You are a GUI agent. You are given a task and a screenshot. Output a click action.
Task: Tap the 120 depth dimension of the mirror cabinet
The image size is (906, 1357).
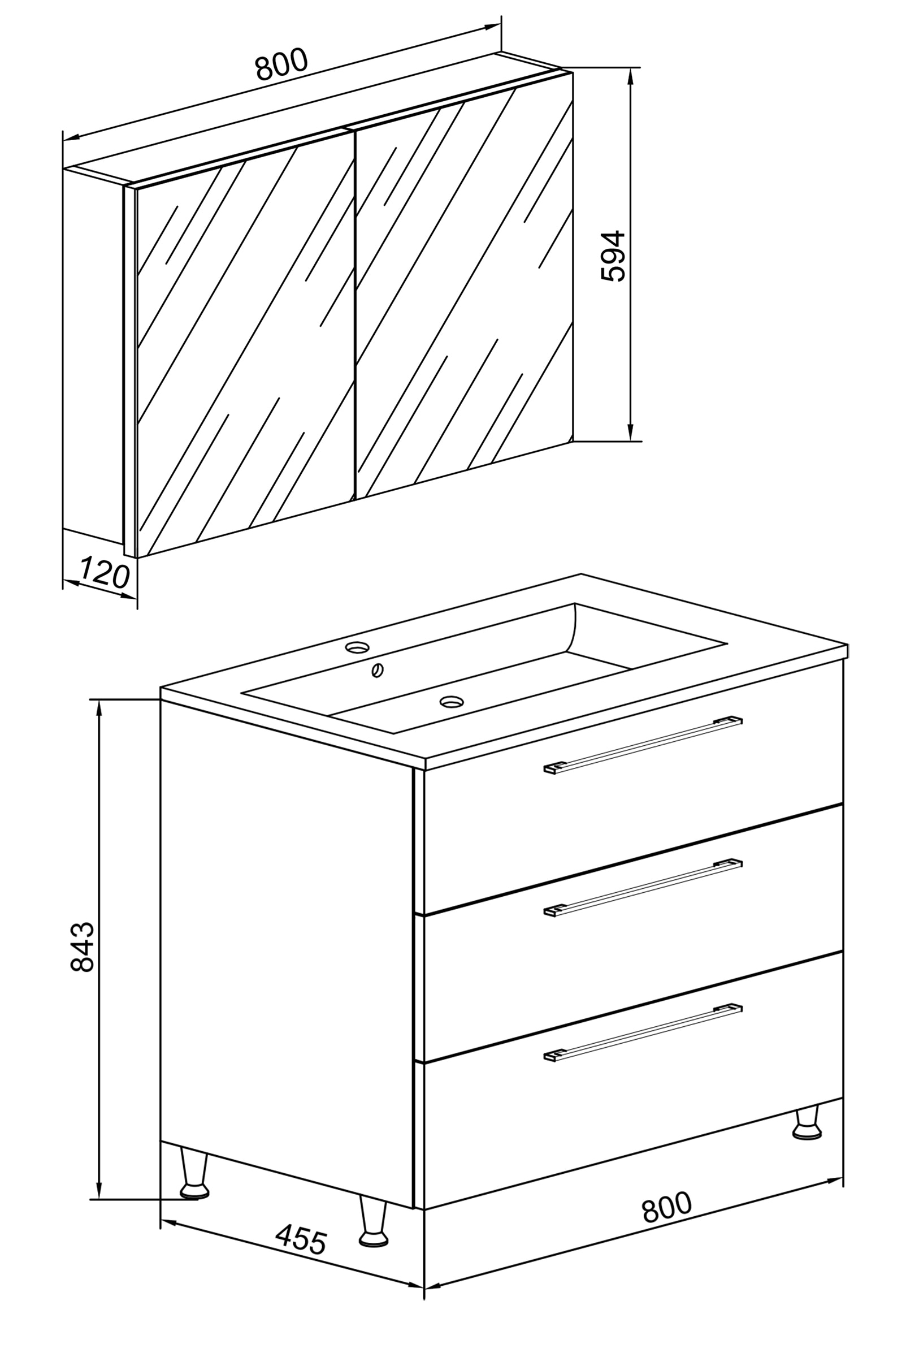coord(105,573)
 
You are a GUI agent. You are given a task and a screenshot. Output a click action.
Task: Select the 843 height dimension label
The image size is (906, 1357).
coord(82,947)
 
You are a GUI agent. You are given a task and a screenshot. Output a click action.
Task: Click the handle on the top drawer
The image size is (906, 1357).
coord(643,745)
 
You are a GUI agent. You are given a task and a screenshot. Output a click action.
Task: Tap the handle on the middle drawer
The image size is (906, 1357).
coord(643,888)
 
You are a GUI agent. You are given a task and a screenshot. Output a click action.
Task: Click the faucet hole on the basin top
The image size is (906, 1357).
coord(357,647)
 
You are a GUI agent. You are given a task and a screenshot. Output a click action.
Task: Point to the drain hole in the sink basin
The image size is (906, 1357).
coord(451,702)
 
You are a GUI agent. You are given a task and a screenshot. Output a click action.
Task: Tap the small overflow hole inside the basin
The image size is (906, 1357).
coord(378,671)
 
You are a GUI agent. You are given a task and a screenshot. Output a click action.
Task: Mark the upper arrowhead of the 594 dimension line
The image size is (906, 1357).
coord(630,76)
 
